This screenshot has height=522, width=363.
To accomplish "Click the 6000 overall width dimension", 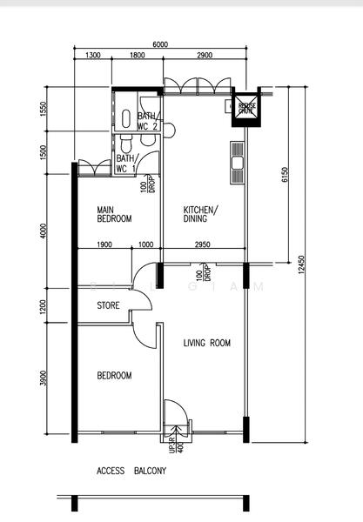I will click(159, 43).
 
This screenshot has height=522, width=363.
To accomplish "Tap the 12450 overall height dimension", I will click(301, 265).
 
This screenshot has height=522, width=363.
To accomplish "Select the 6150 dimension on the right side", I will click(284, 177).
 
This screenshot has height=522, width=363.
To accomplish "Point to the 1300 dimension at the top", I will click(93, 56).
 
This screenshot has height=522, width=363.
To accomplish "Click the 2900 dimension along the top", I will click(205, 56).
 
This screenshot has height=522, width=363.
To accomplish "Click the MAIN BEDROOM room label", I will click(114, 214).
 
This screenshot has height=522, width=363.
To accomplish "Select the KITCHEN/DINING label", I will click(200, 214).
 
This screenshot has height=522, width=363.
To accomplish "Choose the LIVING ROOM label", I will click(206, 344).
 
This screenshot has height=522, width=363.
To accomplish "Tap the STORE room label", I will click(108, 305).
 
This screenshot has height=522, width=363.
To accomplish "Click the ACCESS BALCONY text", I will click(131, 471).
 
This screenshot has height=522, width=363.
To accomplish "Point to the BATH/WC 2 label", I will click(147, 121).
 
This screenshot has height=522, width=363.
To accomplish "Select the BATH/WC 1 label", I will click(126, 164).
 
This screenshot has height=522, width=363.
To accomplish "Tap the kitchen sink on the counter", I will click(235, 161).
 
